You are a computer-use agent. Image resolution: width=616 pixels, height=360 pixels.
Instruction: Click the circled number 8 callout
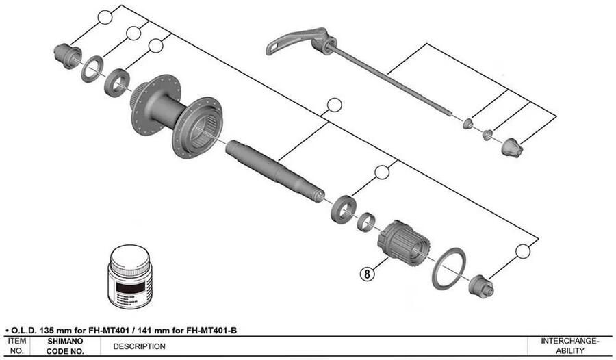point(368,274)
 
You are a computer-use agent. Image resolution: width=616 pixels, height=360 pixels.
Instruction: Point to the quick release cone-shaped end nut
point(512,146)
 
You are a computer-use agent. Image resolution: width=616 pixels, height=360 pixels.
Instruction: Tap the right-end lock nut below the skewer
point(480,286)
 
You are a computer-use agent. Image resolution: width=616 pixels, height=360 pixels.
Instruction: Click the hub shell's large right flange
point(198,127)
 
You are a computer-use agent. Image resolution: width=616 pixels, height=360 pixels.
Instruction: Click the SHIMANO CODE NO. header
point(65,346)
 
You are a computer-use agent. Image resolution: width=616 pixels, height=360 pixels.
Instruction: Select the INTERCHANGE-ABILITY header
point(570,346)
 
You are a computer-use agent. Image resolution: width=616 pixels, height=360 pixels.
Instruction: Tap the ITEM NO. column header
point(17,346)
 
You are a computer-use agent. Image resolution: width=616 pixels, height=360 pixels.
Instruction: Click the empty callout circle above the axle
point(334,105)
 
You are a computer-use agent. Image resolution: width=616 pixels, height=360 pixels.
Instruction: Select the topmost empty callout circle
point(104,17)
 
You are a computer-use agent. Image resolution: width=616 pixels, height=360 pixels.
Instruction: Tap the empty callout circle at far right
point(523,251)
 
